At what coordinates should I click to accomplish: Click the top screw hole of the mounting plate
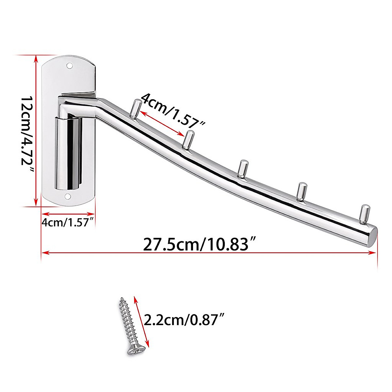click(x=69, y=66)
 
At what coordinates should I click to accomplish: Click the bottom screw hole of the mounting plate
click(x=68, y=197)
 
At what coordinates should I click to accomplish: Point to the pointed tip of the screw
click(x=122, y=299)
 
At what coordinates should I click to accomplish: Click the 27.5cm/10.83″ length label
click(x=199, y=243)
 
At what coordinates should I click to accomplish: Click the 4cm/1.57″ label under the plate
click(x=68, y=222)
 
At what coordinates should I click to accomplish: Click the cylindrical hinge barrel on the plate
click(x=68, y=154)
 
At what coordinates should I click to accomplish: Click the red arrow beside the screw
click(x=141, y=321)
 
